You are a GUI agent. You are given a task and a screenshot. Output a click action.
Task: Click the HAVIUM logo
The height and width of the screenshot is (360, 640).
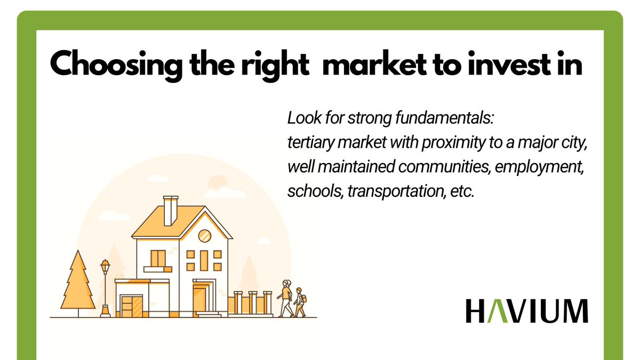pos(527,311)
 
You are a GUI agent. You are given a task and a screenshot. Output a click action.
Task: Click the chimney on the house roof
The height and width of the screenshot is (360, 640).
pos(171,210)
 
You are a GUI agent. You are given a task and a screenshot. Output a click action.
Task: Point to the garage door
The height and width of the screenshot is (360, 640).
pos(130,306)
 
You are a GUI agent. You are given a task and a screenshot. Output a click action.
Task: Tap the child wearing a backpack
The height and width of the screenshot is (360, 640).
pos(299,302)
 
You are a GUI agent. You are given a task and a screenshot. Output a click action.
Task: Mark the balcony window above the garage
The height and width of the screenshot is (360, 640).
pos(158,259)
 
